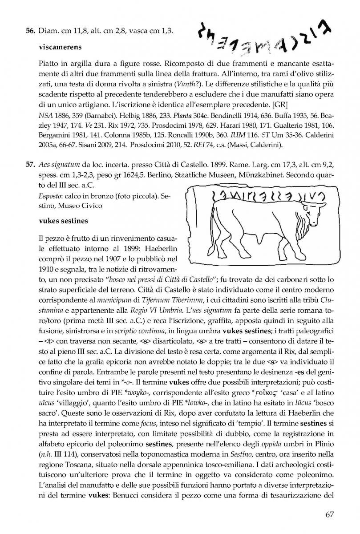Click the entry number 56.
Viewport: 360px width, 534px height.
(30, 31)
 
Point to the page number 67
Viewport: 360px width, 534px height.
(330, 515)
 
